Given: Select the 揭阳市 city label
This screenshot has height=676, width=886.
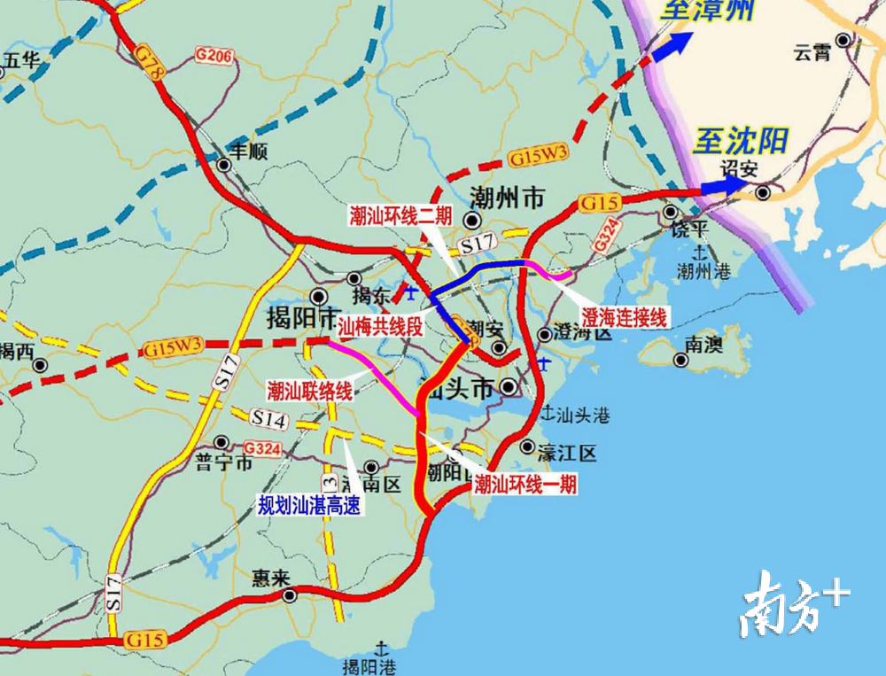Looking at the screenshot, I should pos(302,316).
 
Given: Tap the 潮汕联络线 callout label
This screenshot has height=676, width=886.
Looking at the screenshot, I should pos(309,391).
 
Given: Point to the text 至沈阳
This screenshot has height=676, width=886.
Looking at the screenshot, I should pos(740,140).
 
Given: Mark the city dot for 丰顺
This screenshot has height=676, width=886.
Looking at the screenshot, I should pos(224,165).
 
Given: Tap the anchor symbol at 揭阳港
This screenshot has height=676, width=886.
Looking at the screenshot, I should pos(383,648).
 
